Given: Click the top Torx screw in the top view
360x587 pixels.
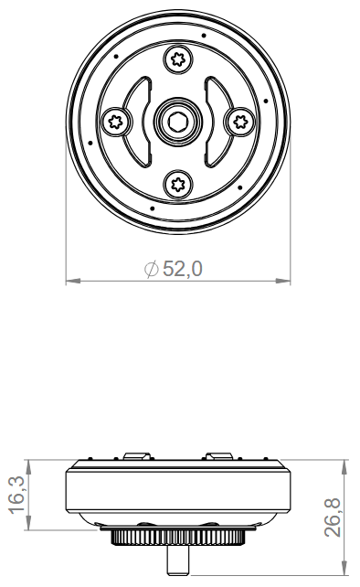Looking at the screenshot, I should tap(178, 60).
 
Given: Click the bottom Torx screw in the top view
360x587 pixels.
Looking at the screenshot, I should tap(178, 185).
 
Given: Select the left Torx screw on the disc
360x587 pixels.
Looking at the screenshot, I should tap(116, 122).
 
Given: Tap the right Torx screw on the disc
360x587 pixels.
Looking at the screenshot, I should tap(240, 122).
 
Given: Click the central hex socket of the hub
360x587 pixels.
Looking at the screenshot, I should tap(178, 122).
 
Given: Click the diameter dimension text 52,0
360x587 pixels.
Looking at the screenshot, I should tap(183, 269).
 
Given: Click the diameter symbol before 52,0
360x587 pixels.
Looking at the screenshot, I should tap(152, 269).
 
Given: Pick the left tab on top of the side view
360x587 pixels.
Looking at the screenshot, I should tap(136, 456).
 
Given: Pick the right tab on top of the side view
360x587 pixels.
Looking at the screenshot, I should tap(219, 456).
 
